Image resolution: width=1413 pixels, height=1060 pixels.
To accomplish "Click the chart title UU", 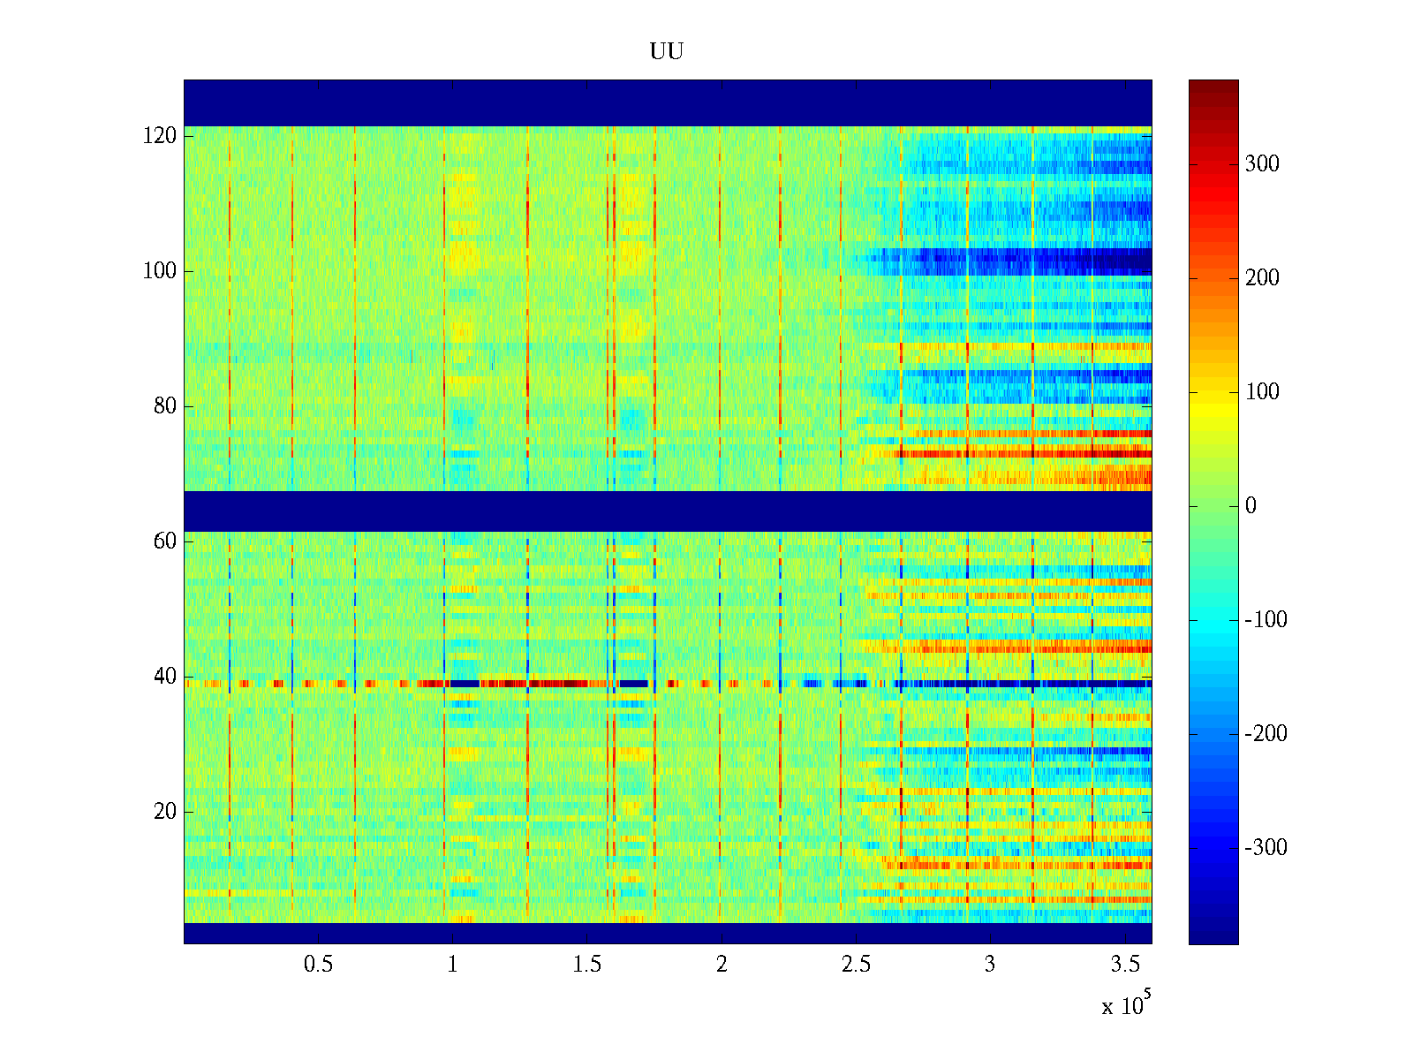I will pyautogui.click(x=667, y=52).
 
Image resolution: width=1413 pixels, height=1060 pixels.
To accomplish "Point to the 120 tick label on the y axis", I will pyautogui.click(x=159, y=136).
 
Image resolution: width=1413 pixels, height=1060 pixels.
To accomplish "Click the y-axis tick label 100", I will pyautogui.click(x=159, y=271).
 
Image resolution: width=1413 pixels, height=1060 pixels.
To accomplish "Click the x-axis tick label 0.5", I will pyautogui.click(x=318, y=965).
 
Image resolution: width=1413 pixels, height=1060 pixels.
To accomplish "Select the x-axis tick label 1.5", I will pyautogui.click(x=586, y=965).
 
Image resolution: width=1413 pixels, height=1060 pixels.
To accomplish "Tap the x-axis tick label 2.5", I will pyautogui.click(x=855, y=965).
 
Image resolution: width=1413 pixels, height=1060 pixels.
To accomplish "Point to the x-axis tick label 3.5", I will pyautogui.click(x=1124, y=965).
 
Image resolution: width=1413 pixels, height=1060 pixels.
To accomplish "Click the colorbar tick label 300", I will pyautogui.click(x=1261, y=164).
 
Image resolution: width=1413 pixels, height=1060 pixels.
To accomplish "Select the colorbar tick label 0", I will pyautogui.click(x=1250, y=506).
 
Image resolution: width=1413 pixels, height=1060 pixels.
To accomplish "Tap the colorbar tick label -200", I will pyautogui.click(x=1266, y=734).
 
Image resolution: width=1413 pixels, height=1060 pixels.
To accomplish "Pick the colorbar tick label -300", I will pyautogui.click(x=1266, y=848).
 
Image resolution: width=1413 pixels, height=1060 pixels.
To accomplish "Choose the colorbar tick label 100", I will pyautogui.click(x=1261, y=392).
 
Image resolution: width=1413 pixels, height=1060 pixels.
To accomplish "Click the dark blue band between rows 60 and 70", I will pyautogui.click(x=667, y=511).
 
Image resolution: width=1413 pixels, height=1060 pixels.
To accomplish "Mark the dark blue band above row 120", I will pyautogui.click(x=667, y=102).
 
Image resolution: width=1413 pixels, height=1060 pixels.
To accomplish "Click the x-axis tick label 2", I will pyautogui.click(x=722, y=965).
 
